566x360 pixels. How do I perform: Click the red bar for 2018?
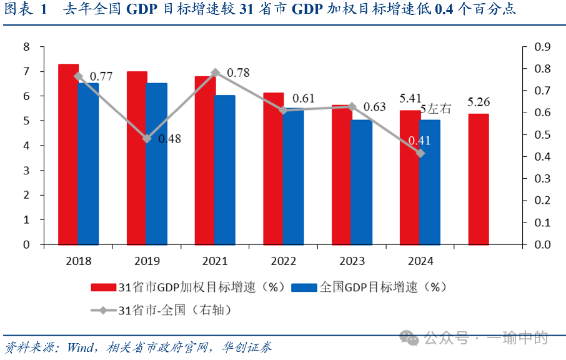click(x=68, y=154)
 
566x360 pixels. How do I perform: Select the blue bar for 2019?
click(x=157, y=163)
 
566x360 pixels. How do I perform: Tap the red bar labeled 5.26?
click(x=479, y=179)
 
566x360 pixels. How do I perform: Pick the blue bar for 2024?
click(x=430, y=182)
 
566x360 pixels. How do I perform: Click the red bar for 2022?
click(x=273, y=168)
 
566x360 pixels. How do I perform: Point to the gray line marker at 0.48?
click(x=147, y=138)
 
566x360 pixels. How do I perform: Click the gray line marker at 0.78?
click(x=216, y=72)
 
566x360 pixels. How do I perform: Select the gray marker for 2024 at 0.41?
click(x=420, y=153)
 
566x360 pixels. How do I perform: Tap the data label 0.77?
click(x=101, y=77)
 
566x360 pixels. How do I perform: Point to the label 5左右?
click(x=435, y=109)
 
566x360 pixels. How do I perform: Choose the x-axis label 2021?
click(x=216, y=261)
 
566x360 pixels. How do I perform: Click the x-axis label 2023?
click(x=352, y=261)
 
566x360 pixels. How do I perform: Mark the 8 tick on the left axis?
click(x=26, y=47)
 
